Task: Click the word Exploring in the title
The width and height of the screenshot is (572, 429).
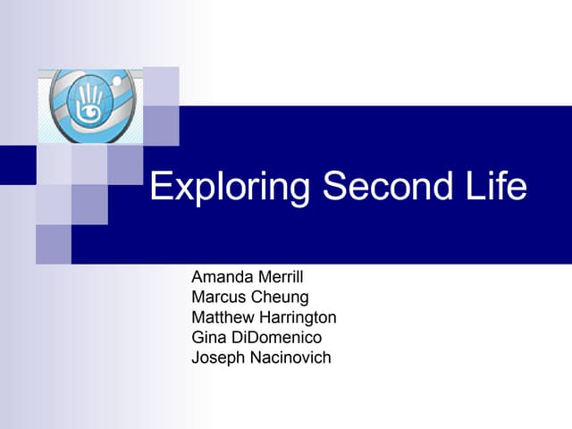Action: [231, 188]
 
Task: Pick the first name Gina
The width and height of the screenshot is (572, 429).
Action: [208, 337]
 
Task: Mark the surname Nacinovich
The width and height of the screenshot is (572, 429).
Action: [290, 357]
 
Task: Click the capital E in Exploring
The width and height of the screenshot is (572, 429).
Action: [159, 186]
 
